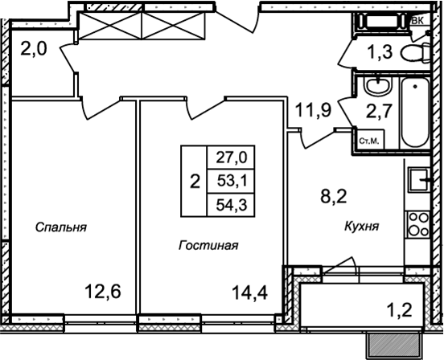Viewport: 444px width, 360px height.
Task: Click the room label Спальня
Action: pos(61,227)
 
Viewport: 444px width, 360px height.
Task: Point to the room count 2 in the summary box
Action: pos(194,181)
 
